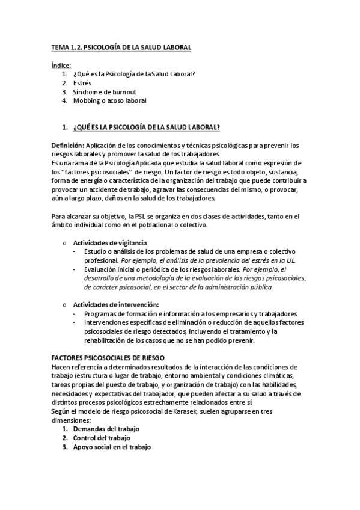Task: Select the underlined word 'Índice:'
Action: pos(61,65)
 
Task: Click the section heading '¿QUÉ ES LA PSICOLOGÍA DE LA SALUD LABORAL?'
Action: pos(146,127)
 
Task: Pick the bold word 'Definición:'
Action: pos(67,146)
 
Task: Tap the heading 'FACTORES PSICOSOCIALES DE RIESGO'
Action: pos(103,358)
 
